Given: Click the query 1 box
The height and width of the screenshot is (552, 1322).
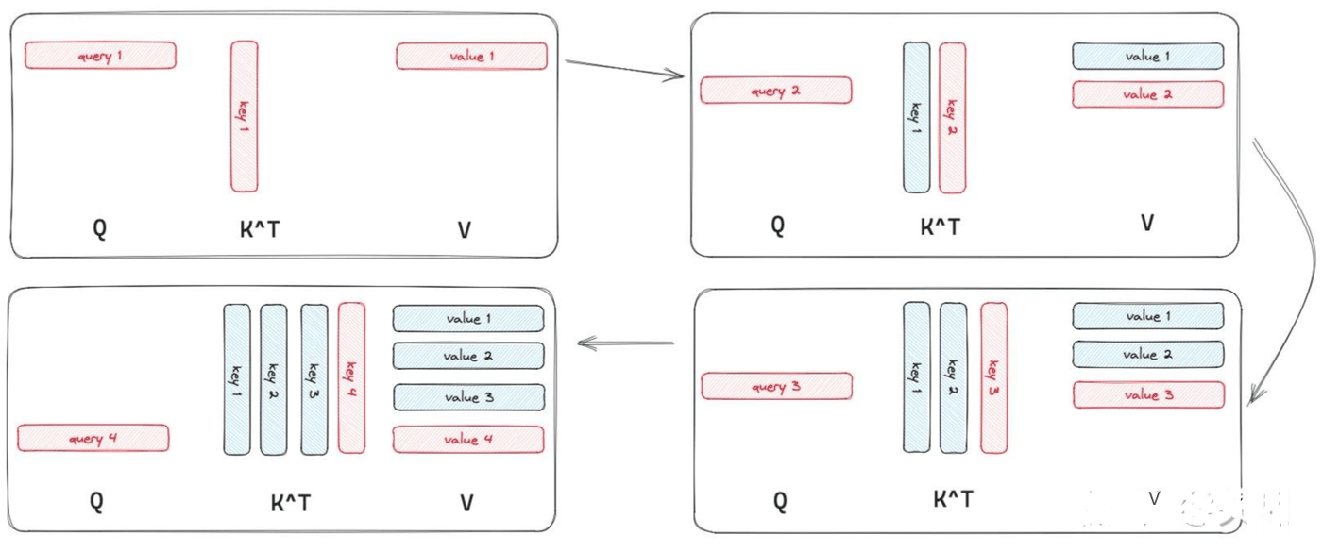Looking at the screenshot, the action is click(100, 56).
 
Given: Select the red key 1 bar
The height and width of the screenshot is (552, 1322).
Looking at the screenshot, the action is click(245, 116).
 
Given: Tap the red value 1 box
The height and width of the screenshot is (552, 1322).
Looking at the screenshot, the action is click(471, 56).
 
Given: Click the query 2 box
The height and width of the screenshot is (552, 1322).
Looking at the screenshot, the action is click(776, 91).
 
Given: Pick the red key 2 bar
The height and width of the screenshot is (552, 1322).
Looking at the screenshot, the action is click(953, 117).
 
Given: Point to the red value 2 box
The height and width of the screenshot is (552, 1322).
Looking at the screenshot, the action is click(1148, 94).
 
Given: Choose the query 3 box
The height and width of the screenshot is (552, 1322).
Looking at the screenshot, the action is click(776, 386).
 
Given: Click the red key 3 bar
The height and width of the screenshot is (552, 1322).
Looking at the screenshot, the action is click(993, 378).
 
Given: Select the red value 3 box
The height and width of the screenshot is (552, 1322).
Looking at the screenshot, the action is click(1148, 395).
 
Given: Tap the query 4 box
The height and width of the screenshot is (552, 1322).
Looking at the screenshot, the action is click(93, 438).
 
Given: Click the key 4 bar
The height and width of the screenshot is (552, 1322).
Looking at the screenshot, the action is click(351, 378).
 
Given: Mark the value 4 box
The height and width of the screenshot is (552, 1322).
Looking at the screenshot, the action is click(468, 440).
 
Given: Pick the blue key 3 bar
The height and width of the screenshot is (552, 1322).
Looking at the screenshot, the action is click(314, 379).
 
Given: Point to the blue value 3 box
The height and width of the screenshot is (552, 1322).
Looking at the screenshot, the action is click(469, 397).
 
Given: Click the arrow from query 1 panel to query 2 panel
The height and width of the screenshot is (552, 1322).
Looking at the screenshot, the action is click(624, 68).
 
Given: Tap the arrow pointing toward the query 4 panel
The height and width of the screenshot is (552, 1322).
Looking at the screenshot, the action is click(625, 343).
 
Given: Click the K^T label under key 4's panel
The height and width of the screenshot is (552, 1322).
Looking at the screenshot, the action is click(291, 503).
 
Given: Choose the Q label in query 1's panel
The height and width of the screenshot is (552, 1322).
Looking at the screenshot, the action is click(100, 228).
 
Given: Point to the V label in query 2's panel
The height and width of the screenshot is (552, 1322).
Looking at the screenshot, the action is click(1146, 223).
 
